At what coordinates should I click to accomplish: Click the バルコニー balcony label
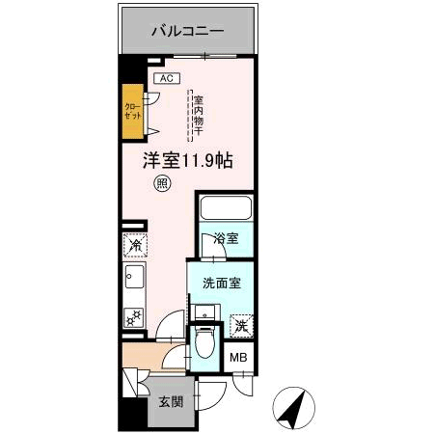click(187, 31)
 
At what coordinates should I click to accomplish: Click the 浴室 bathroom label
click(226, 238)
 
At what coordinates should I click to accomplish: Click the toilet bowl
click(203, 342)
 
